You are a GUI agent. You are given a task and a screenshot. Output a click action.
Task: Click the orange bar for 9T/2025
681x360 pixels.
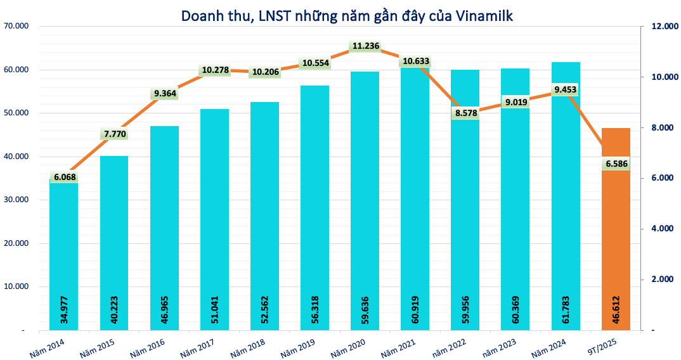point(616,228)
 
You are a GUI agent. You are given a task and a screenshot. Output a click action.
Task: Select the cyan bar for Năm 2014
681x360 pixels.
point(64,254)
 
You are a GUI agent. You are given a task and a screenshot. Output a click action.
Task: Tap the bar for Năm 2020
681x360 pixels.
point(365,203)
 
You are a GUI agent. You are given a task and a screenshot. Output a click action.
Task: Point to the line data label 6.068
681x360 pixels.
point(64,178)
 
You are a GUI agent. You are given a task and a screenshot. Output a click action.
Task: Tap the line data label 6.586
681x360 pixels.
point(616,164)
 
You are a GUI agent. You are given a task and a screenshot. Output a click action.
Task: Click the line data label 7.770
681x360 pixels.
point(114,134)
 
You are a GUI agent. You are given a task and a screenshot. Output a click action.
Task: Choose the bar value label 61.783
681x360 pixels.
point(566,311)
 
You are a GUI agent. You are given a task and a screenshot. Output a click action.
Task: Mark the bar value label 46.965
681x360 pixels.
point(164,311)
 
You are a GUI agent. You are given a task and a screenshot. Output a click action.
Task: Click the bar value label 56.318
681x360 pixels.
point(315,311)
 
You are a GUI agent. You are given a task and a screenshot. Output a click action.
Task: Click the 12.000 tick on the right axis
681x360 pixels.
point(659,26)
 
